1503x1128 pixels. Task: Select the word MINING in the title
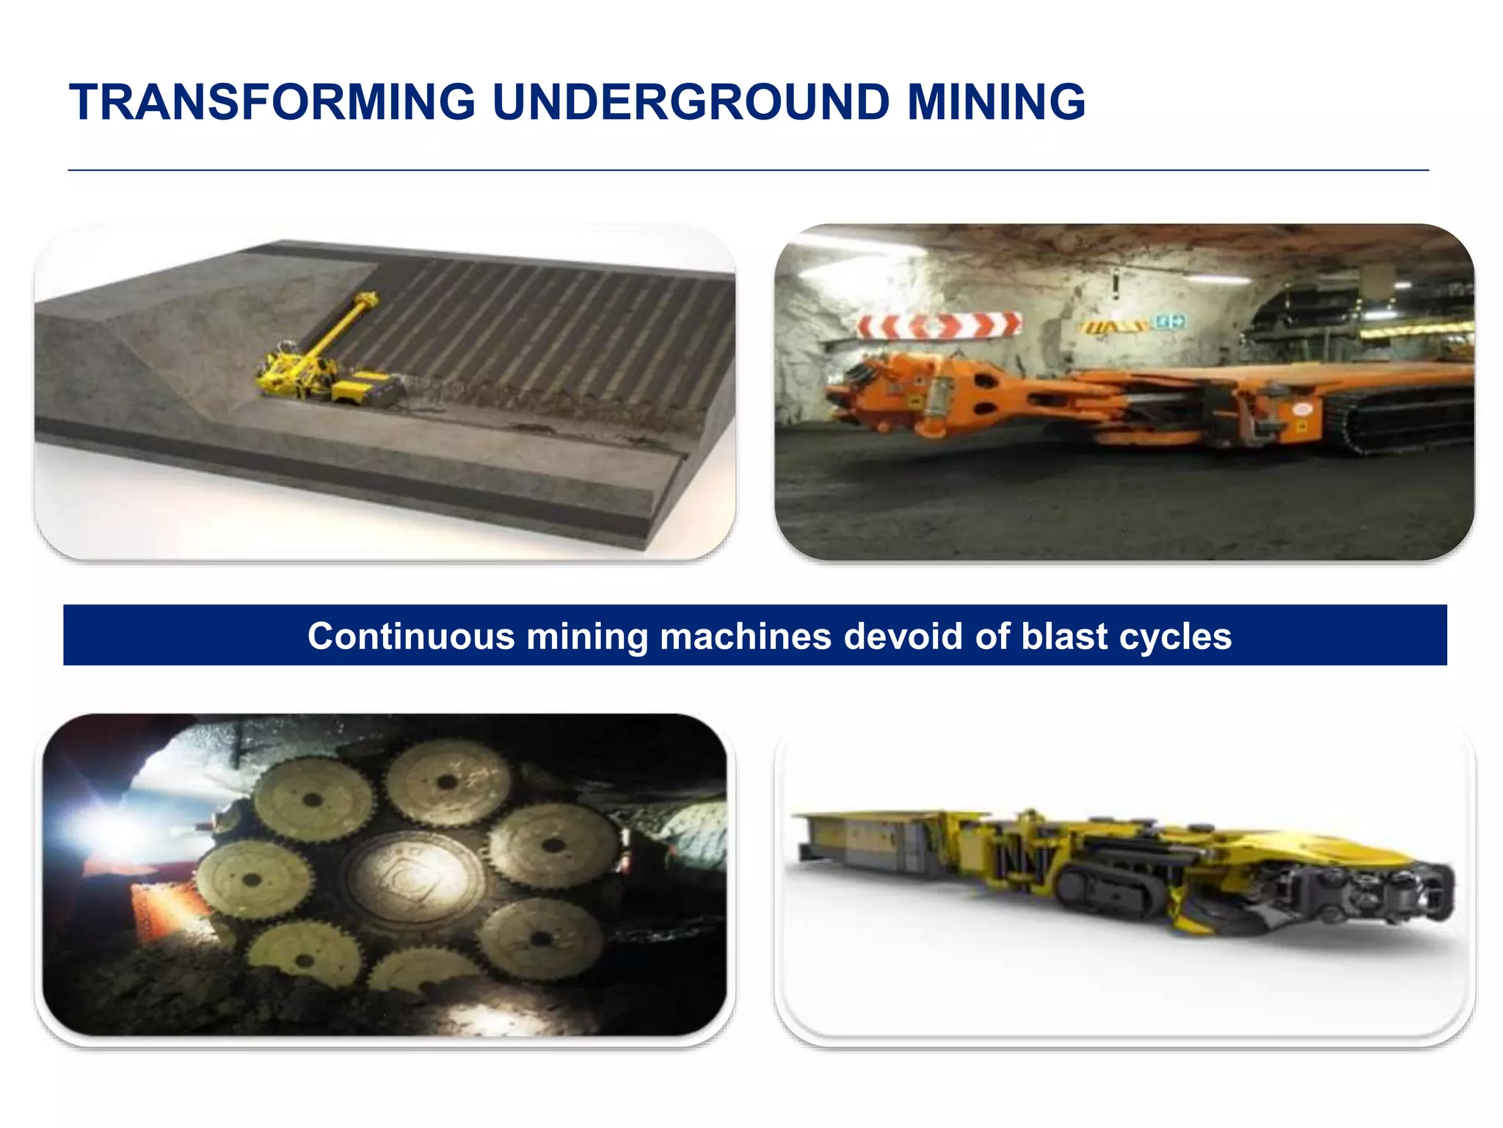click(x=996, y=102)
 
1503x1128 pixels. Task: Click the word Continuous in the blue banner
click(x=410, y=636)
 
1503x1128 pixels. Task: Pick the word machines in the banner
click(x=746, y=636)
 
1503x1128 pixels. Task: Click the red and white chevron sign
click(x=939, y=325)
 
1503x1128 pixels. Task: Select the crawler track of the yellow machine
click(x=1101, y=881)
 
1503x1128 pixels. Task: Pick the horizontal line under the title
click(x=749, y=170)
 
